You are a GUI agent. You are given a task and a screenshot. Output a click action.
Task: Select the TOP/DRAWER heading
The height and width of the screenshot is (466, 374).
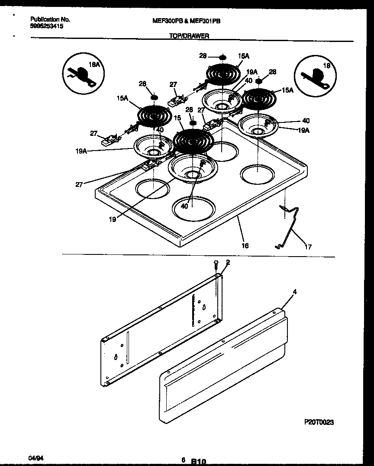pos(189,36)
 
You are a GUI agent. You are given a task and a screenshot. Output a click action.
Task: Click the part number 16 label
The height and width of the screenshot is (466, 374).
pos(245,245)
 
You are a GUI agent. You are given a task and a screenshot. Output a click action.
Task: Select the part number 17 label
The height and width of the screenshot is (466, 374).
pos(308,247)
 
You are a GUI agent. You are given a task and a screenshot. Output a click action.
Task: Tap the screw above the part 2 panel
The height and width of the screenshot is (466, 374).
pos(216,265)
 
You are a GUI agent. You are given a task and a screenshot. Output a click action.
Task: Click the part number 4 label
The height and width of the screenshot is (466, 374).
pos(294,292)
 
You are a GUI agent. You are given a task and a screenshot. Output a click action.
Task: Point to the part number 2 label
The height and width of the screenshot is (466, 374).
pos(228,262)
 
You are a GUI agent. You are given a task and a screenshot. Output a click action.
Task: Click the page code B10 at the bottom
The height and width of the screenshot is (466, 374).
pos(198,461)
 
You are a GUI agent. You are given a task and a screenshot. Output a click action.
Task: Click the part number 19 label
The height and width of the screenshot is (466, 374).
pos(113,219)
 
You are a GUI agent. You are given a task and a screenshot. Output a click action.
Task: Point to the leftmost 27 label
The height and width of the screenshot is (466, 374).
pos(93,134)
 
